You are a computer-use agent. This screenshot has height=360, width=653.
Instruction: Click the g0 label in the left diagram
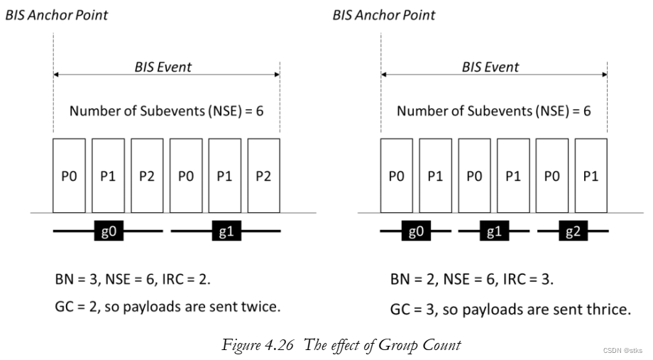click(109, 231)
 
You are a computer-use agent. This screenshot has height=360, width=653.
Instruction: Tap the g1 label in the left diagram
click(226, 231)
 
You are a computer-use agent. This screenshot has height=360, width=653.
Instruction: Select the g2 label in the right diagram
click(572, 231)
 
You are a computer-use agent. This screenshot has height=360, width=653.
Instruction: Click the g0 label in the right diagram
click(415, 231)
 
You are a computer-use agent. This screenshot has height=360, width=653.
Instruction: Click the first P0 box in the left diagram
click(69, 177)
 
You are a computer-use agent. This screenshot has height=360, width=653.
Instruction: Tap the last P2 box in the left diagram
click(263, 177)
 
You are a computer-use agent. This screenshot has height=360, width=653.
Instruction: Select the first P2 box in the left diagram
click(146, 177)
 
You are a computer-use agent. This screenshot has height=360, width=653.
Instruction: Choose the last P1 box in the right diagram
click(591, 177)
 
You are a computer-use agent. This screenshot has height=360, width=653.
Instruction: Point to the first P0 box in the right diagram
click(396, 177)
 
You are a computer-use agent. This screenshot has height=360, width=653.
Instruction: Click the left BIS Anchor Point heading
click(57, 14)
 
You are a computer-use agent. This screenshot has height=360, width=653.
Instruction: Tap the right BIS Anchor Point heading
click(384, 14)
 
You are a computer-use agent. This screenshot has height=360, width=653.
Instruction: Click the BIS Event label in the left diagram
click(163, 67)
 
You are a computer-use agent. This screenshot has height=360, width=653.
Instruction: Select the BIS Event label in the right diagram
click(490, 67)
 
